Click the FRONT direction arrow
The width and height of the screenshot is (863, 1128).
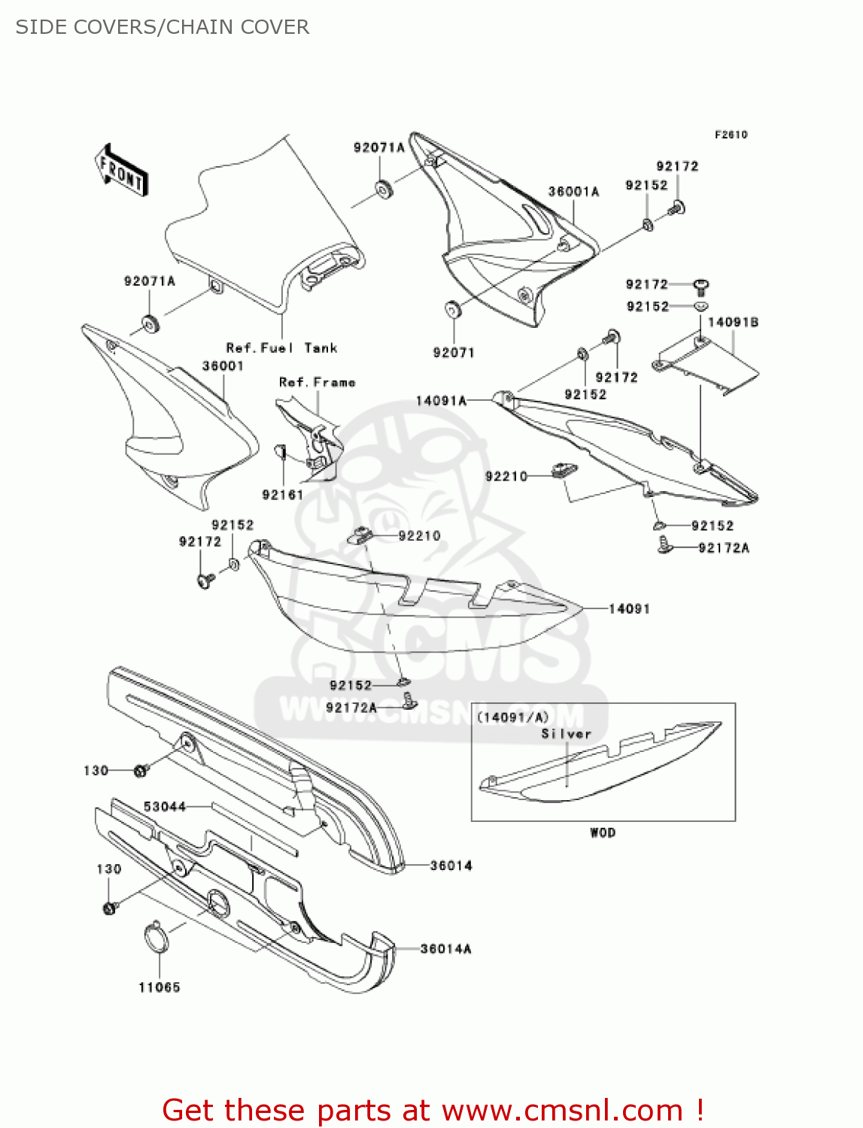pyautogui.click(x=120, y=171)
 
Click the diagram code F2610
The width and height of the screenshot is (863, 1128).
pyautogui.click(x=731, y=135)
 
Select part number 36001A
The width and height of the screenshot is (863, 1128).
pyautogui.click(x=573, y=192)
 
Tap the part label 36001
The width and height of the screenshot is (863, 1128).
pyautogui.click(x=223, y=366)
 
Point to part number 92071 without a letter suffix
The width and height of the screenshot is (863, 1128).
pyautogui.click(x=454, y=353)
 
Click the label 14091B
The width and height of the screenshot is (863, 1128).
pyautogui.click(x=733, y=322)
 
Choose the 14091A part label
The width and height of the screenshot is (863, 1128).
pyautogui.click(x=441, y=401)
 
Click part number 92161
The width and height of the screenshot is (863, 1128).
pyautogui.click(x=282, y=495)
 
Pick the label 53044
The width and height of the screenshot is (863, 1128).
pyautogui.click(x=165, y=807)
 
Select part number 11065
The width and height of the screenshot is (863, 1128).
pyautogui.click(x=160, y=987)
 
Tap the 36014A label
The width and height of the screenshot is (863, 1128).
pyautogui.click(x=445, y=949)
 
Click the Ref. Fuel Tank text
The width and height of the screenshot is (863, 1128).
pyautogui.click(x=281, y=348)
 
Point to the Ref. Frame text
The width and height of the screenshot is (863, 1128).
pyautogui.click(x=317, y=382)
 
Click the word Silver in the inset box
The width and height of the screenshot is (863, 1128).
pyautogui.click(x=566, y=734)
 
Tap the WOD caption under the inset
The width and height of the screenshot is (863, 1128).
pyautogui.click(x=603, y=832)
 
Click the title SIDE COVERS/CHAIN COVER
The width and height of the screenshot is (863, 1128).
pyautogui.click(x=163, y=27)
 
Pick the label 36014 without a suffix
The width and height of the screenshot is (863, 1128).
pyautogui.click(x=451, y=866)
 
